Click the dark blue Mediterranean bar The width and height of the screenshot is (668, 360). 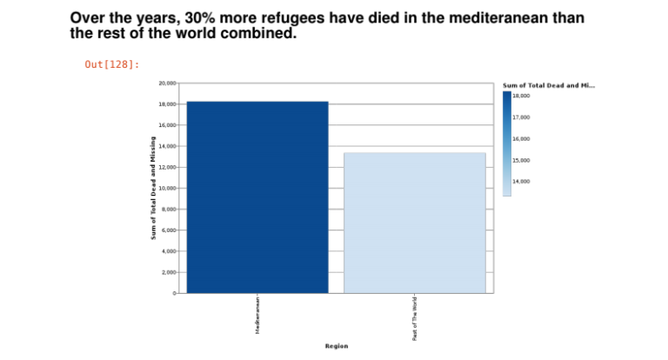pyautogui.click(x=257, y=197)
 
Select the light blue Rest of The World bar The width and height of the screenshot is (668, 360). pyautogui.click(x=415, y=223)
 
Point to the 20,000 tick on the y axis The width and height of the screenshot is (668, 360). pyautogui.click(x=167, y=83)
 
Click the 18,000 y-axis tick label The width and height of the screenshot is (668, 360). pyautogui.click(x=167, y=104)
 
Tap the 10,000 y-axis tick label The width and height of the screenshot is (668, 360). pyautogui.click(x=167, y=189)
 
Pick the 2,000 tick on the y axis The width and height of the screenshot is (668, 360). pyautogui.click(x=169, y=272)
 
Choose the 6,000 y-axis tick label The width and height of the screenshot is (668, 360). pyautogui.click(x=169, y=230)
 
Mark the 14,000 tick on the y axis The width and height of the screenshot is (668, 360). pyautogui.click(x=167, y=146)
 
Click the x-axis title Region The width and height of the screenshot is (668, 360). pyautogui.click(x=337, y=346)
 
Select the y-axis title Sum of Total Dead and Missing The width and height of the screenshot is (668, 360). pyautogui.click(x=153, y=188)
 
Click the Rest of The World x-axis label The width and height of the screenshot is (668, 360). pyautogui.click(x=415, y=317)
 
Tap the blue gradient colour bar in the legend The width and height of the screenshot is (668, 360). pyautogui.click(x=507, y=143)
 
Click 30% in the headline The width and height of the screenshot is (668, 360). pyautogui.click(x=198, y=18)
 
